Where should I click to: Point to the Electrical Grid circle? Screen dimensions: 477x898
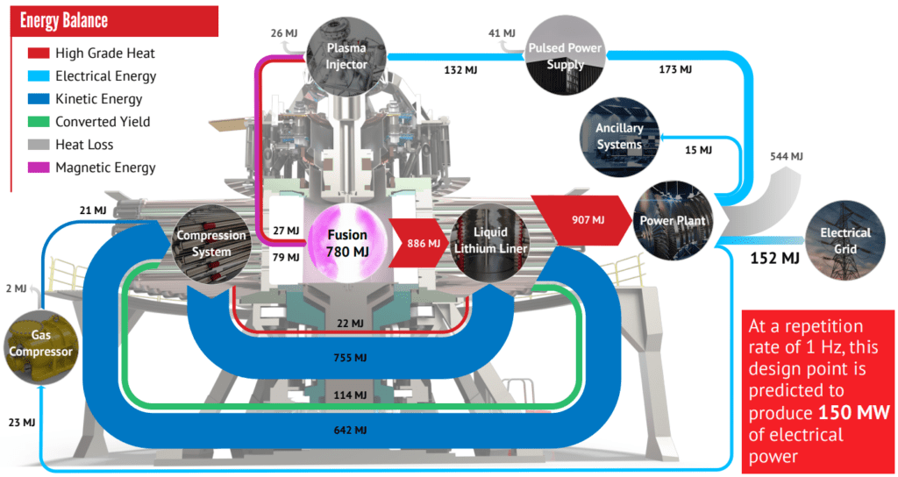845,240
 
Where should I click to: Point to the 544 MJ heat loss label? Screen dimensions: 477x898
785,156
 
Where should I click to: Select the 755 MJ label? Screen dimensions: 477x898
349,358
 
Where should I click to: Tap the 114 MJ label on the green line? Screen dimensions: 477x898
349,395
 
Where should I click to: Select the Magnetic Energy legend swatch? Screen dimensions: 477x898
39,167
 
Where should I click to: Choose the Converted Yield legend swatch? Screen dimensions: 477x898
39,122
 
